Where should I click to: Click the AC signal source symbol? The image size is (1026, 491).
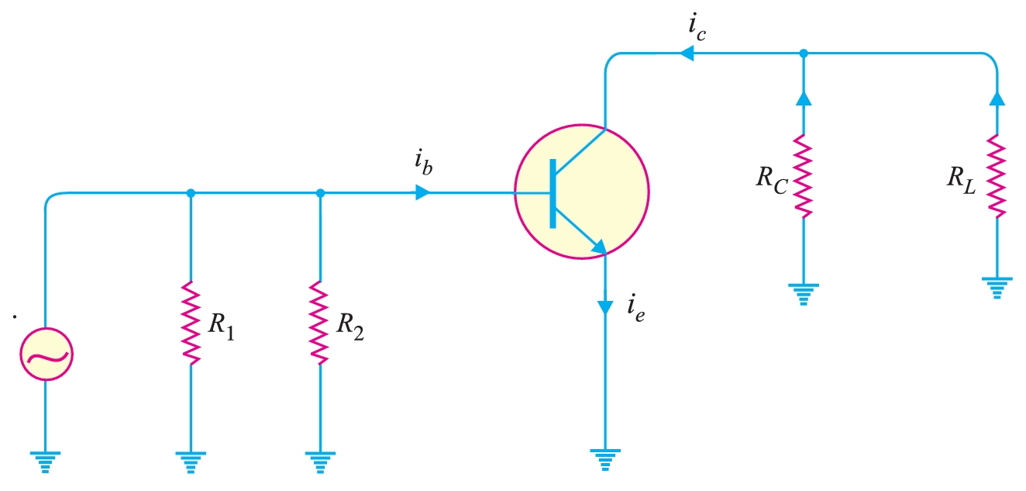pos(45,356)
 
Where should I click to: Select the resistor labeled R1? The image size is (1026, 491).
pos(191,322)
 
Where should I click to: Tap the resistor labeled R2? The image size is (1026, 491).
pos(320,322)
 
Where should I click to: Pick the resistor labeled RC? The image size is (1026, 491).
pos(803,177)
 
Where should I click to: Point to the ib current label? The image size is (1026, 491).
pos(422,164)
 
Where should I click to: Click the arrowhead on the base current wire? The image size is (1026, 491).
pos(422,192)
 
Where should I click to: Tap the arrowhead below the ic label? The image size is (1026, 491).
pos(686,54)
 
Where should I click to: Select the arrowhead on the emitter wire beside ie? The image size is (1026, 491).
pos(604,306)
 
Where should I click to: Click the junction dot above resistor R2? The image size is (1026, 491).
pos(320,192)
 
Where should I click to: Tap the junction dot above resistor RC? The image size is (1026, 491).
pos(803,54)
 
